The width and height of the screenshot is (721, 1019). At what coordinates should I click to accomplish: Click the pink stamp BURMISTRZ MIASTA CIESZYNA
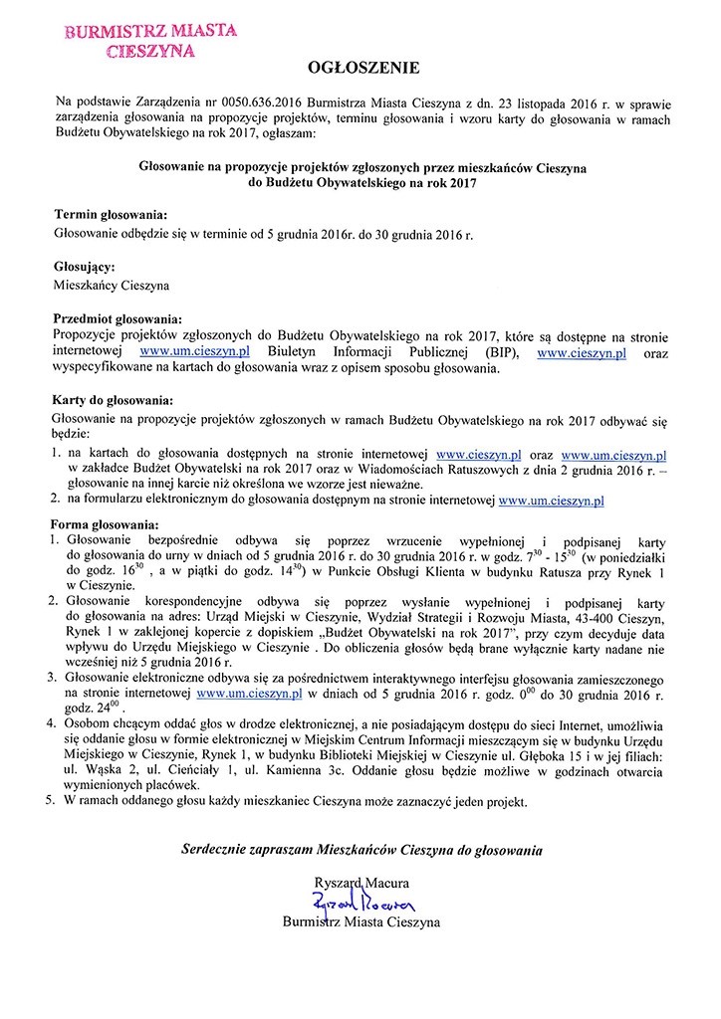tap(150, 41)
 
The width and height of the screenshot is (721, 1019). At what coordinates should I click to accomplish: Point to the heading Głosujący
tap(85, 267)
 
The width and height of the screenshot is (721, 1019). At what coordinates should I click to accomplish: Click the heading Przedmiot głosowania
tap(118, 319)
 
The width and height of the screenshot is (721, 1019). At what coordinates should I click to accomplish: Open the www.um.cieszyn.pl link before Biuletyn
tap(193, 352)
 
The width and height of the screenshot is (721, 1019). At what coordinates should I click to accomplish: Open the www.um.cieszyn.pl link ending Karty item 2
tap(551, 503)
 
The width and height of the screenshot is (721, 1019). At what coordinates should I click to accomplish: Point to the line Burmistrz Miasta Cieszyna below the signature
tap(361, 923)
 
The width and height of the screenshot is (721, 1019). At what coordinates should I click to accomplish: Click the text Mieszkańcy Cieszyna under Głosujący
tap(112, 285)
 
